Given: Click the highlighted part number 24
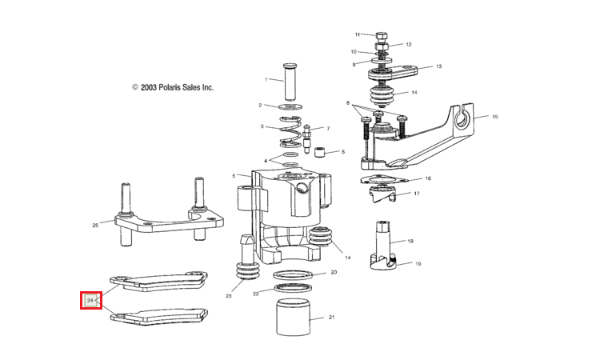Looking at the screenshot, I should [x=90, y=301].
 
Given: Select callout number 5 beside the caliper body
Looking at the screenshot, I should [x=234, y=176].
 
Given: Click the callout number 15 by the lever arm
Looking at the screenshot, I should [x=495, y=117].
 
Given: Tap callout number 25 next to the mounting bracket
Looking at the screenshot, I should [x=95, y=226].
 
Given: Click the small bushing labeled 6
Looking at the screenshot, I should [x=318, y=152].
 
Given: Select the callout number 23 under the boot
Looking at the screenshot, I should [x=228, y=297].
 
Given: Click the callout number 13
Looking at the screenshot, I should [x=438, y=66].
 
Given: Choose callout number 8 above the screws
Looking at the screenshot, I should [x=349, y=104].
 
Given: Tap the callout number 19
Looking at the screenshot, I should [x=418, y=263].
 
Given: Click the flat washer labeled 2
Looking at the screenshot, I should [x=291, y=106].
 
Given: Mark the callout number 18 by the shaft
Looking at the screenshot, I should [x=410, y=241].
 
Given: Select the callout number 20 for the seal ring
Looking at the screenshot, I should [x=334, y=273].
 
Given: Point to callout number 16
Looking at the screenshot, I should [x=428, y=178].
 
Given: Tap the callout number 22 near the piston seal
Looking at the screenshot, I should [x=257, y=294].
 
